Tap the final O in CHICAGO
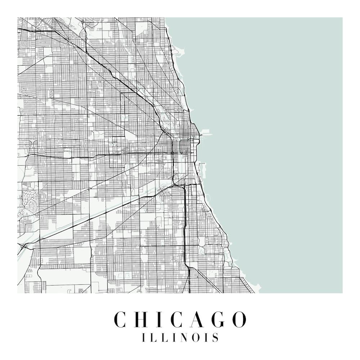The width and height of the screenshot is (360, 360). pos(240,319)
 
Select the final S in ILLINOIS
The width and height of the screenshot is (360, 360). pos(215,338)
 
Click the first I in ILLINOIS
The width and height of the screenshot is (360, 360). pos(144,338)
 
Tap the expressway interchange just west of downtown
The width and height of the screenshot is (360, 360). pos(172,153)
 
